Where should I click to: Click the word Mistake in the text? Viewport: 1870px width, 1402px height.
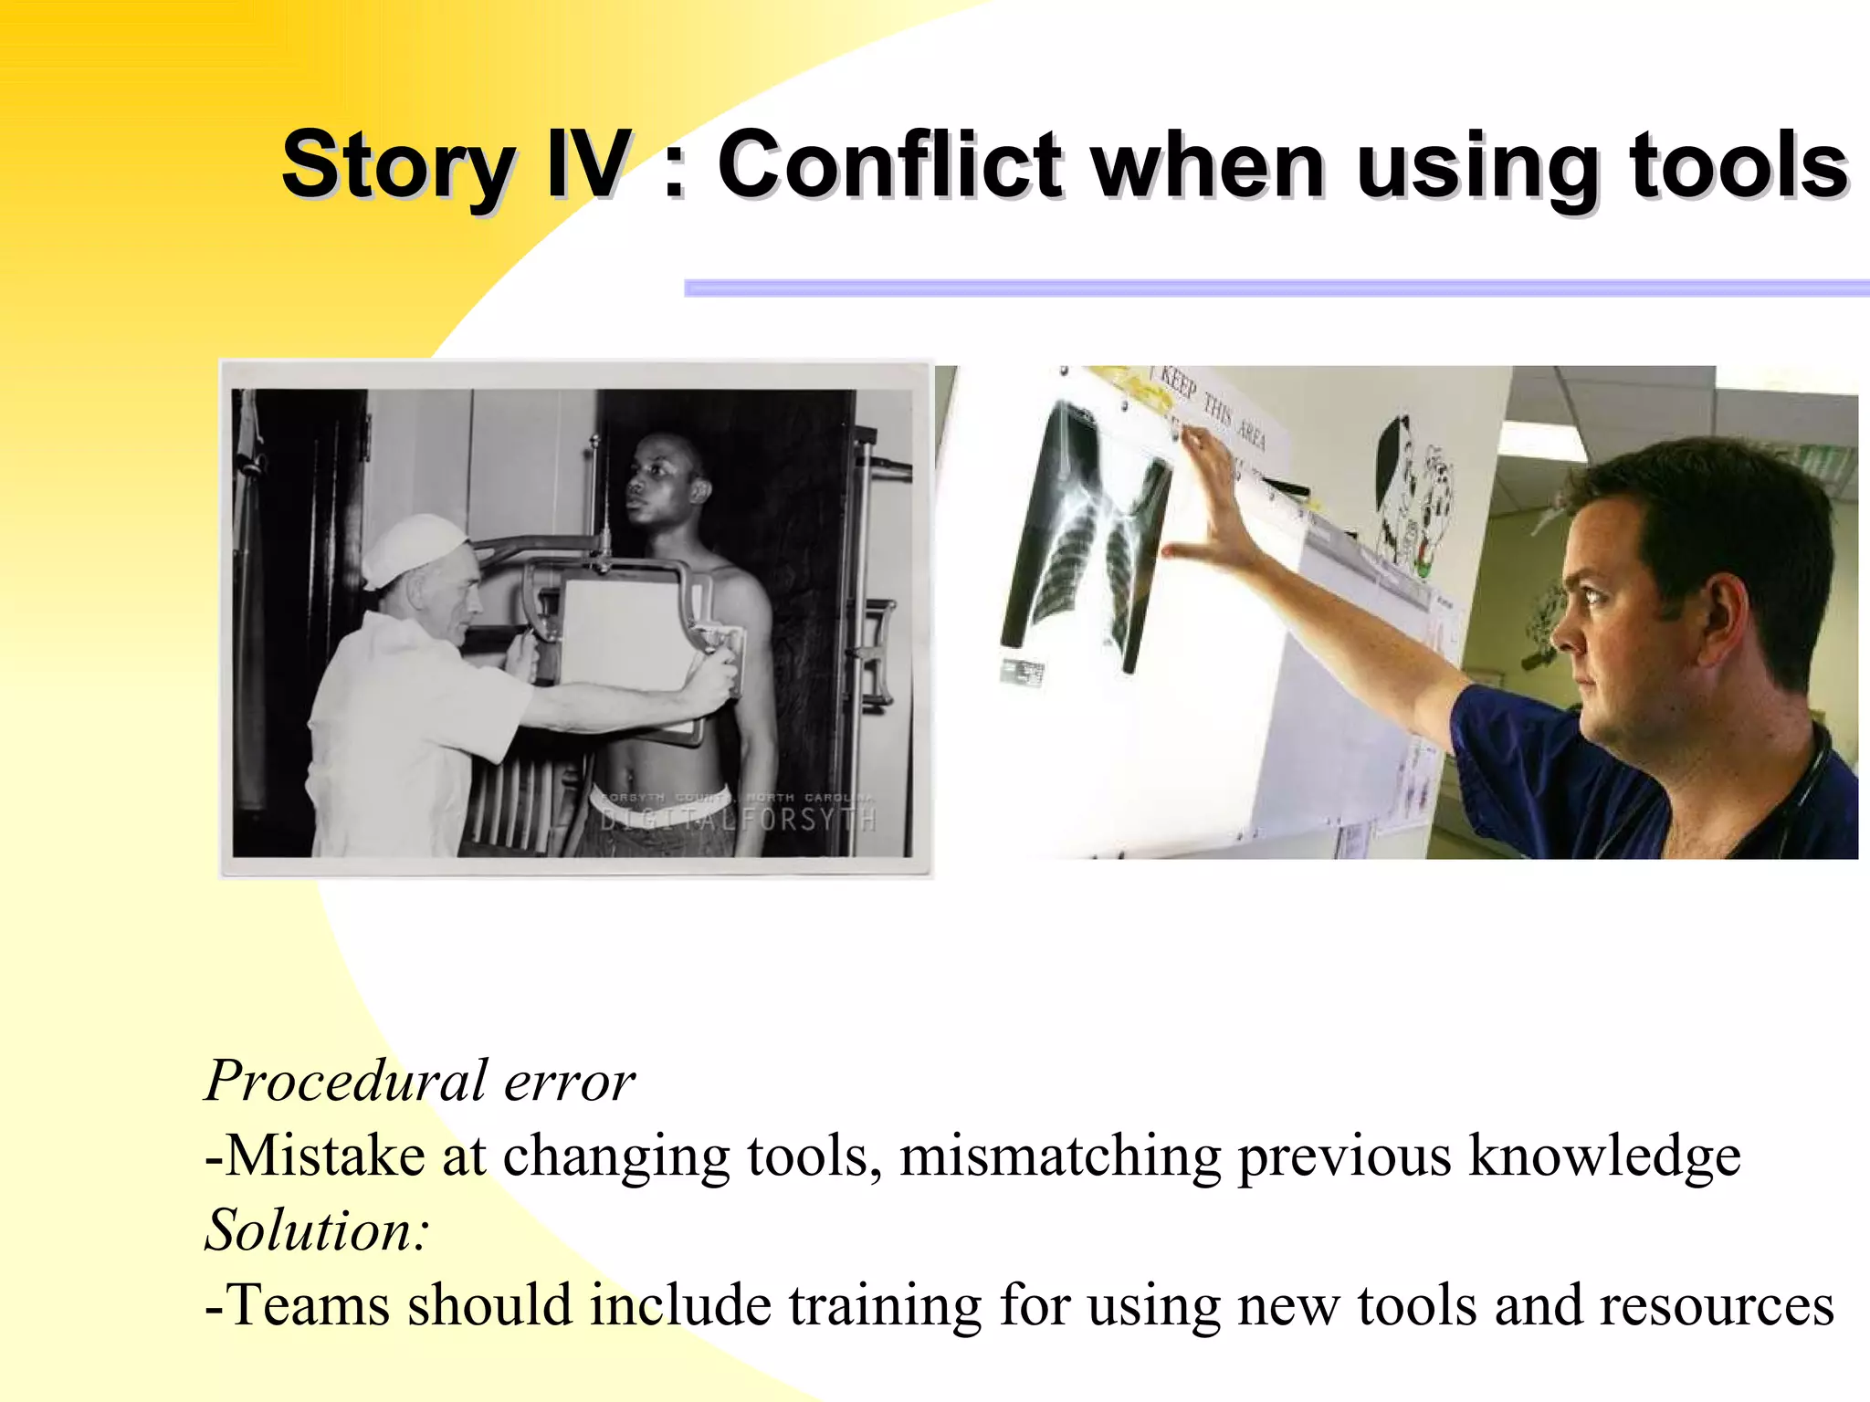[x=325, y=1156]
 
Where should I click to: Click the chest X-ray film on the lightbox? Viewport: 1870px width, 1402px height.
[x=1087, y=539]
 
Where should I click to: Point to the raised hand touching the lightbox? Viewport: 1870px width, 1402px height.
[x=1214, y=502]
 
